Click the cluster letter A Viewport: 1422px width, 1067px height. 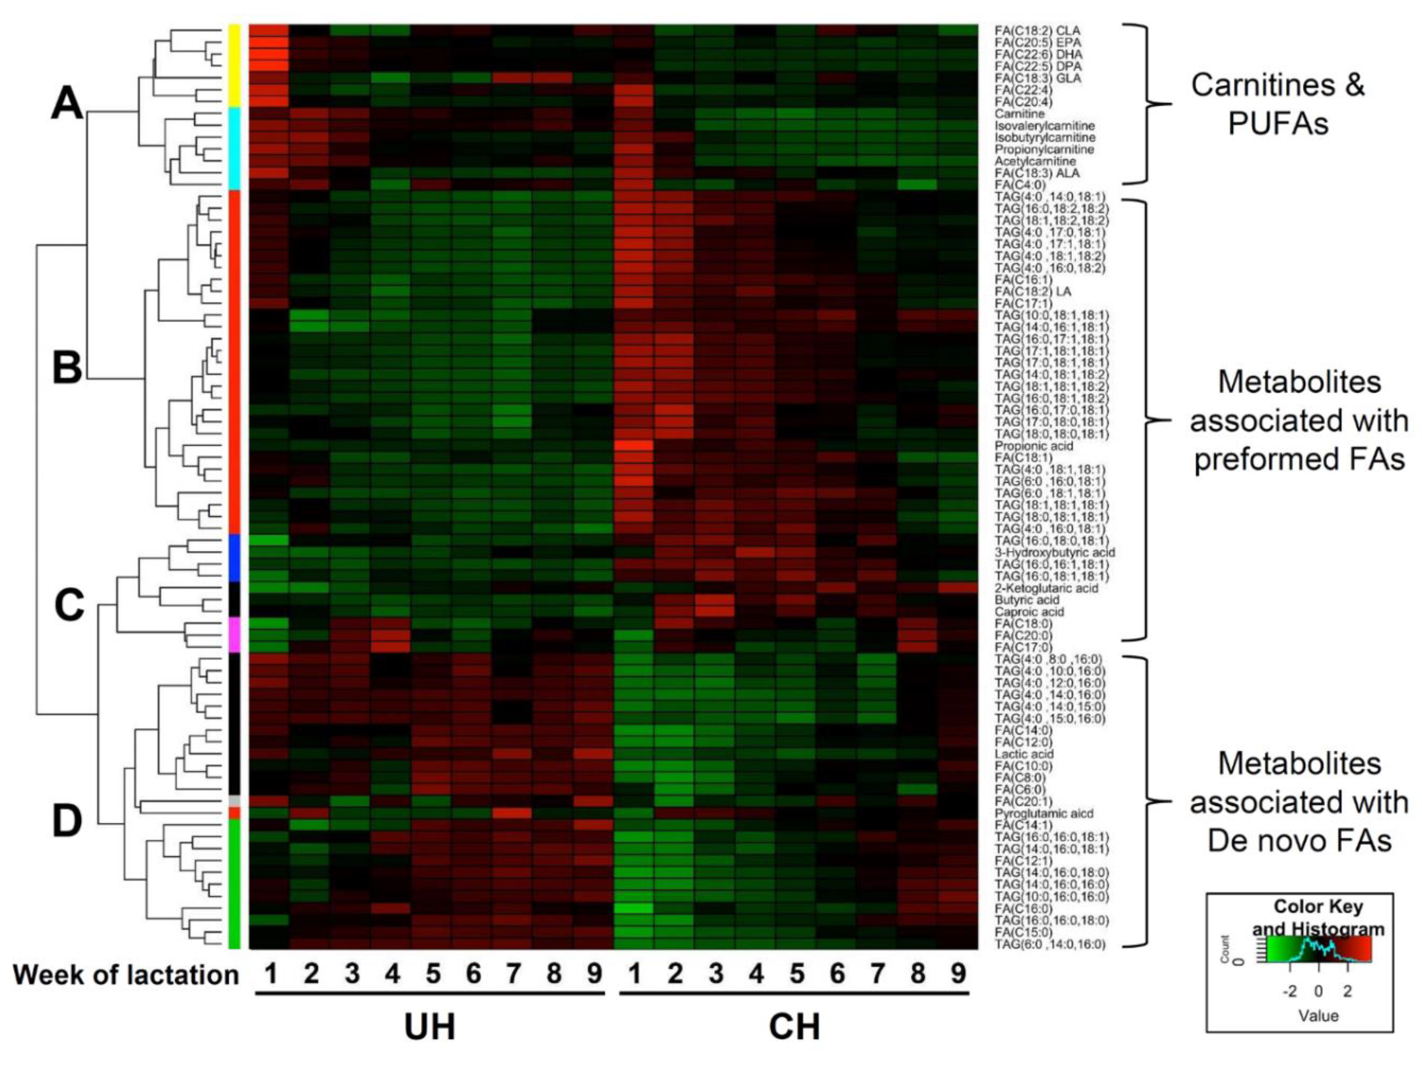[67, 103]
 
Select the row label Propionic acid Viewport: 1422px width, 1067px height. [1025, 445]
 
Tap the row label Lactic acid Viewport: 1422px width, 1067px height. [1023, 754]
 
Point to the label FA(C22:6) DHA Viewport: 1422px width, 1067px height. [1038, 54]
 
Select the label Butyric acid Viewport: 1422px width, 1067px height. [1027, 600]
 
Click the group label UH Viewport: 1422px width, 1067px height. [429, 1027]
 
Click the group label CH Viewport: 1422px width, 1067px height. [794, 1027]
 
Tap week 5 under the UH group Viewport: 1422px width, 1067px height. [432, 974]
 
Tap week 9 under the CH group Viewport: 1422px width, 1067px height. [958, 974]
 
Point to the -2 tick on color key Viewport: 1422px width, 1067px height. [1290, 992]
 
